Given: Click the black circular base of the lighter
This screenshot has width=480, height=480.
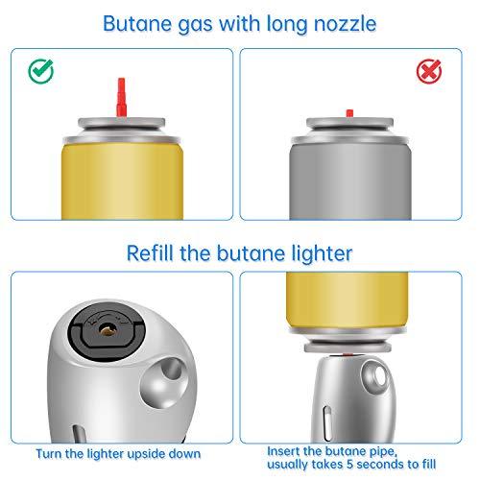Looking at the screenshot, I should pos(101,330).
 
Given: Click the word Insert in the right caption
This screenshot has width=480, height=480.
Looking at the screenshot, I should pos(284,446).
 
